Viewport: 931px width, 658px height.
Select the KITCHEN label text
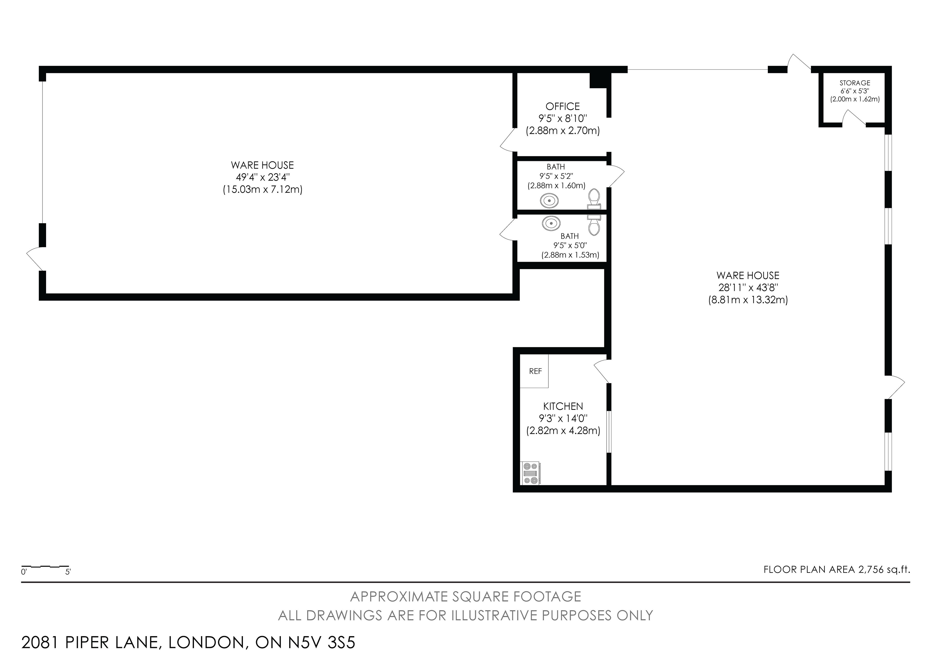click(563, 406)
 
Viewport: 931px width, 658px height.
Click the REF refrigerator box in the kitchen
click(534, 371)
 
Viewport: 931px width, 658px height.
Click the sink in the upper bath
click(549, 200)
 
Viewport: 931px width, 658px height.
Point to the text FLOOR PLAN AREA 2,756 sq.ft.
click(836, 570)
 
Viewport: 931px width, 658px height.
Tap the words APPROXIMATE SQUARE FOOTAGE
click(465, 596)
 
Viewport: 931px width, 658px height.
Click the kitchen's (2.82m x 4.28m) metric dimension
click(563, 431)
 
